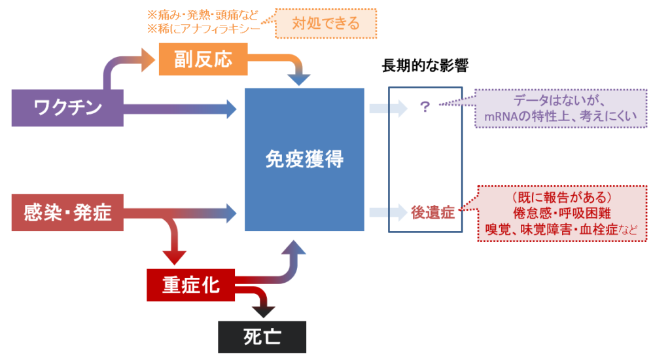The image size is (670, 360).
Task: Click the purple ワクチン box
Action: (67, 108)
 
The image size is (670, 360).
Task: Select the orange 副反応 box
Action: (203, 59)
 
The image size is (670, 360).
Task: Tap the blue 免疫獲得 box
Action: (304, 160)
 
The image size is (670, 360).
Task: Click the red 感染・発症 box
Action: (67, 213)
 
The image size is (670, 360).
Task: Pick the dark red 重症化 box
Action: (190, 285)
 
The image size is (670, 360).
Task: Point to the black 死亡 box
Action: (262, 337)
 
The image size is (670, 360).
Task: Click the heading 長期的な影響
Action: (425, 66)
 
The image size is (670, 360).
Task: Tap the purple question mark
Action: (424, 107)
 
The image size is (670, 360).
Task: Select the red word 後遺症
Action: (433, 213)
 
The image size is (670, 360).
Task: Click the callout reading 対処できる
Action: (326, 24)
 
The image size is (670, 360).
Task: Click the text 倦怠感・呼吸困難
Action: (562, 213)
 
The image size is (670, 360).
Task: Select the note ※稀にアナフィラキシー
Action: (203, 29)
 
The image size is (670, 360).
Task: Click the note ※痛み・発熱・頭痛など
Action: (203, 15)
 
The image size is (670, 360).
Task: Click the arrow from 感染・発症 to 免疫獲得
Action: (180, 213)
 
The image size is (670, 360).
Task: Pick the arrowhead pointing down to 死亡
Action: (263, 312)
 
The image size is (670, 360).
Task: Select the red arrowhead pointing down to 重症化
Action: (174, 258)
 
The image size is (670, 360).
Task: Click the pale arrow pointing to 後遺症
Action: (388, 213)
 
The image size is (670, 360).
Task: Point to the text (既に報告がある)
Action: (562, 198)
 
